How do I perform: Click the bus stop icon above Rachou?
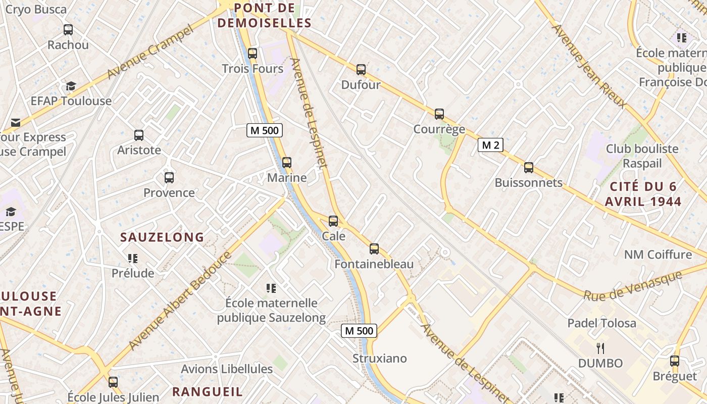tap(68, 30)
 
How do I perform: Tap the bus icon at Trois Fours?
tap(252, 53)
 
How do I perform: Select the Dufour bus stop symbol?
tap(361, 70)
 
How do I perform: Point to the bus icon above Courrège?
tap(439, 114)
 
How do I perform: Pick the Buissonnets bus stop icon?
tap(529, 167)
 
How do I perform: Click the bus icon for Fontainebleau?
tap(374, 248)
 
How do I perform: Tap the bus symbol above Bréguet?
tap(675, 361)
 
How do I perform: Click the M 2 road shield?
tap(491, 145)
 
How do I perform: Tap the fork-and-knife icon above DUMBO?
tap(600, 348)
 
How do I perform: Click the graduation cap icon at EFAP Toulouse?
tap(71, 86)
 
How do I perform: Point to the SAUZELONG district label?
tap(162, 237)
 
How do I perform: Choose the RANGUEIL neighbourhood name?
tap(207, 391)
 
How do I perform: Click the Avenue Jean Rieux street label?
tap(589, 66)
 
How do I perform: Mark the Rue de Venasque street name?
tap(632, 286)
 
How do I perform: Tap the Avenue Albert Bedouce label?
tap(180, 300)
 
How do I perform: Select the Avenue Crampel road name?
tap(150, 52)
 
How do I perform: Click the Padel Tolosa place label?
tap(601, 323)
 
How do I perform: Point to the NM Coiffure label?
tap(658, 254)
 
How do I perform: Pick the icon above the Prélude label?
tap(133, 259)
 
